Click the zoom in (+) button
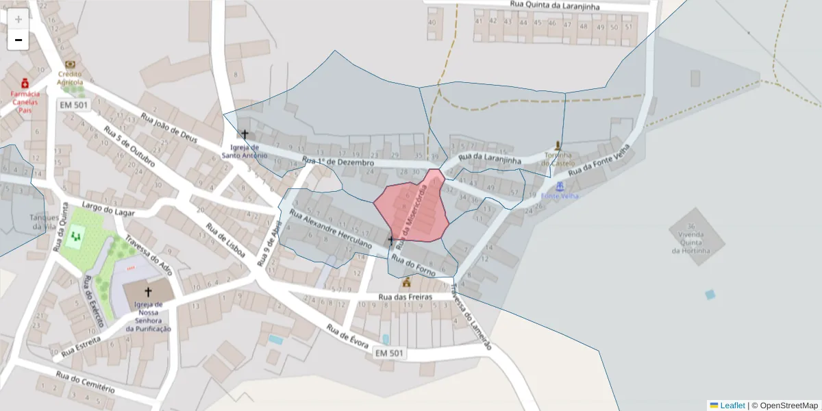tap(18, 19)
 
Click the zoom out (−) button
tap(18, 40)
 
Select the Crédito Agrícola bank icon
tap(70, 65)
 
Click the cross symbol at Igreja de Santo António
tap(245, 134)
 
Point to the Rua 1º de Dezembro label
tap(338, 163)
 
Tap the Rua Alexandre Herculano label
tap(330, 229)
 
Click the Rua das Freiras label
tap(405, 297)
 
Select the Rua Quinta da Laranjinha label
tap(555, 5)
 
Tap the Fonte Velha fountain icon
tap(560, 186)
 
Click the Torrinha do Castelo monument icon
tap(558, 146)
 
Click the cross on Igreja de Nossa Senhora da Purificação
tap(147, 291)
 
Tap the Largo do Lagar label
tap(108, 209)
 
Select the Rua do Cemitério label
tap(85, 382)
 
